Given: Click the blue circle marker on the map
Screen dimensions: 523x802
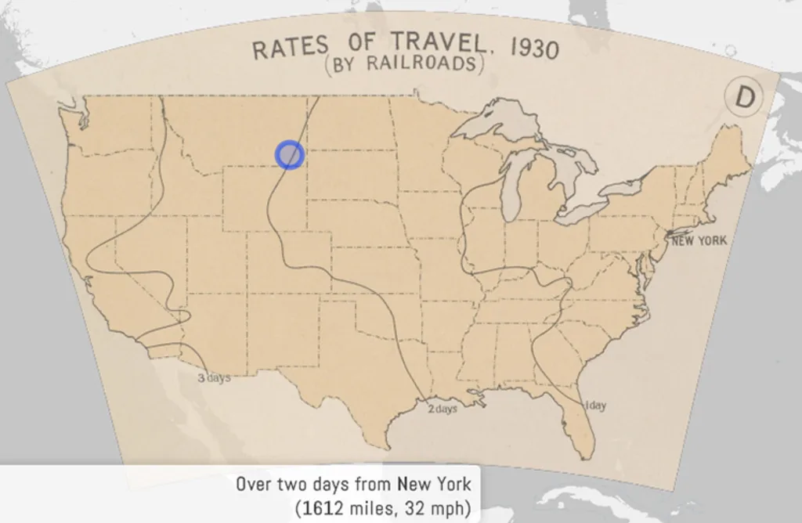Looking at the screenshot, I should [289, 154].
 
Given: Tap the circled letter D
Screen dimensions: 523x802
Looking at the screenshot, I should [744, 97].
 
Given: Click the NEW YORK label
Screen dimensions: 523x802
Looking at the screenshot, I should [699, 240].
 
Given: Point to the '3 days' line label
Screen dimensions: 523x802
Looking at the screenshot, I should [213, 378].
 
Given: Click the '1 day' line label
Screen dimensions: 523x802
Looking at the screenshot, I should [595, 406].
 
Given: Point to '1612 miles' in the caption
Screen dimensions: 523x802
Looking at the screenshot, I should [342, 508].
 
